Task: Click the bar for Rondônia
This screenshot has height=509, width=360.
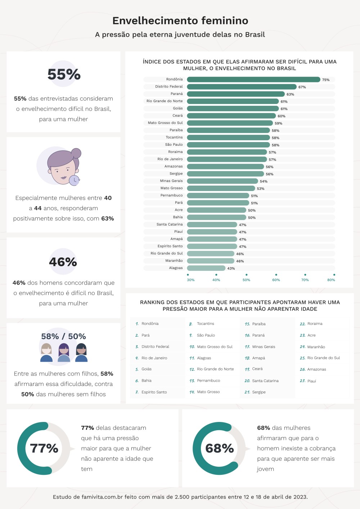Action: [x=253, y=79]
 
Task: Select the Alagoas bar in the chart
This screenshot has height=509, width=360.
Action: [x=206, y=268]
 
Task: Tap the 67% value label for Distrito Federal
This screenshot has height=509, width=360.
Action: [x=302, y=87]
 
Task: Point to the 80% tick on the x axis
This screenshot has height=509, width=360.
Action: [x=331, y=280]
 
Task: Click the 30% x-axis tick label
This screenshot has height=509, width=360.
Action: [x=191, y=280]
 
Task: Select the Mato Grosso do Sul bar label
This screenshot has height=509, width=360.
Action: [x=165, y=123]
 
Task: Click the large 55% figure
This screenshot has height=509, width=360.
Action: [x=64, y=74]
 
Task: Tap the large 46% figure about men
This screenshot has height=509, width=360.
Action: [x=63, y=262]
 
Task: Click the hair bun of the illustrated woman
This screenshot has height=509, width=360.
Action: [x=76, y=153]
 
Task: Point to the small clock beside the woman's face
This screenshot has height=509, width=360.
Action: [x=74, y=180]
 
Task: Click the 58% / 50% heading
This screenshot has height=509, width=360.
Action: [x=63, y=336]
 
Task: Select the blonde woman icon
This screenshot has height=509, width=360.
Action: [x=46, y=353]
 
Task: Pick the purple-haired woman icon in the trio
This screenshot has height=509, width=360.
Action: [x=64, y=353]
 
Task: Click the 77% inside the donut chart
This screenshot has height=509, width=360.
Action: [x=44, y=449]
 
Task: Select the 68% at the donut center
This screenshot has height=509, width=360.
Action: [x=219, y=449]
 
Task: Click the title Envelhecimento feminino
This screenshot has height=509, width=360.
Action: [x=180, y=21]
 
